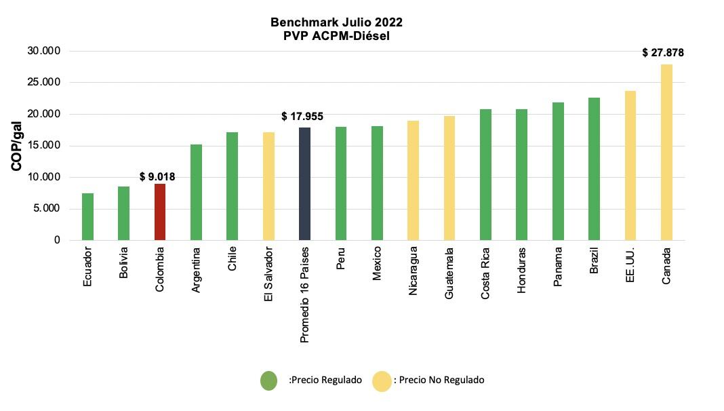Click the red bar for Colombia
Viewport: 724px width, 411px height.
pos(160,212)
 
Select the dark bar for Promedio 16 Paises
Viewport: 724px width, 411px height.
pos(304,184)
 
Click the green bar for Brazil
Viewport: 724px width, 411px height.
pos(594,169)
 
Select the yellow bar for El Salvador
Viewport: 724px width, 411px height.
pos(268,187)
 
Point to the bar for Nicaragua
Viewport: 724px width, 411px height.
pos(413,180)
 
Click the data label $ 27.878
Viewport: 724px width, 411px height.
pos(663,52)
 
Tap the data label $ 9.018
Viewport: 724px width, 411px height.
pos(157,176)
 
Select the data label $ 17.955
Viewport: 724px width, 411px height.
pos(302,117)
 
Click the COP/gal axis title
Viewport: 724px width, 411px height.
pos(17,146)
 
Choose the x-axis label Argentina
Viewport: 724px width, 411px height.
pos(196,271)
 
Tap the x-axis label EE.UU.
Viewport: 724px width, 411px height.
pos(630,265)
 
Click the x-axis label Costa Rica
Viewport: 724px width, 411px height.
pos(485,272)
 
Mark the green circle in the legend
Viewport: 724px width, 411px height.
pos(268,380)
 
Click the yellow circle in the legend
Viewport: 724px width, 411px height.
pos(382,380)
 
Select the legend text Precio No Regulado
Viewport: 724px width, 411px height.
pos(441,380)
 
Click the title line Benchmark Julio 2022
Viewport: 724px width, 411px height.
pos(336,22)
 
